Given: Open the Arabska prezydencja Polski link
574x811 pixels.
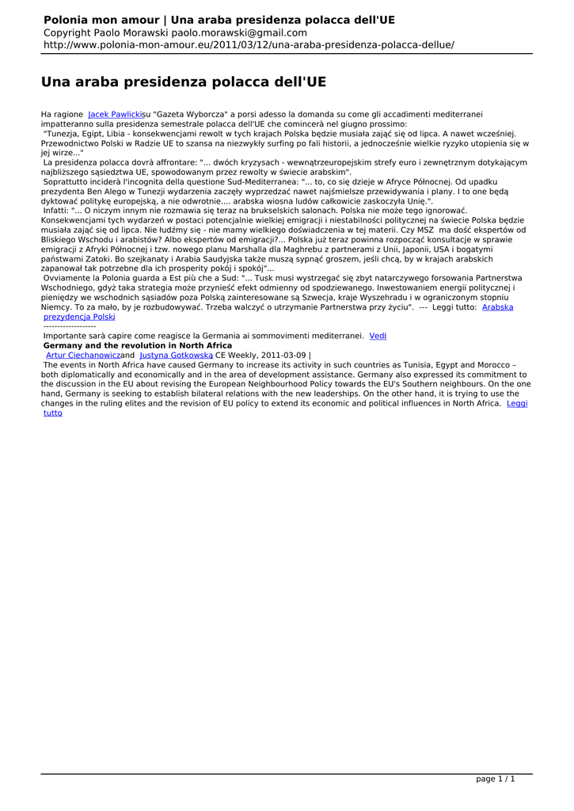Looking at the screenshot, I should (79, 317).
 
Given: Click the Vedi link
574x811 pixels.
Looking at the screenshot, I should (378, 336).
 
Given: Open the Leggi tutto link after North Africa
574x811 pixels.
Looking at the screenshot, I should (517, 403).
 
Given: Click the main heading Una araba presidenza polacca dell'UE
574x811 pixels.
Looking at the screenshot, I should (184, 82).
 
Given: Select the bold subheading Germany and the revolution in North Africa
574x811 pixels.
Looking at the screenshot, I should (137, 346).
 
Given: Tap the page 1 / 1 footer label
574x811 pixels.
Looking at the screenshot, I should (495, 779).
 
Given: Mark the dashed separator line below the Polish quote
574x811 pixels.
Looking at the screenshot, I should (70, 326).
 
